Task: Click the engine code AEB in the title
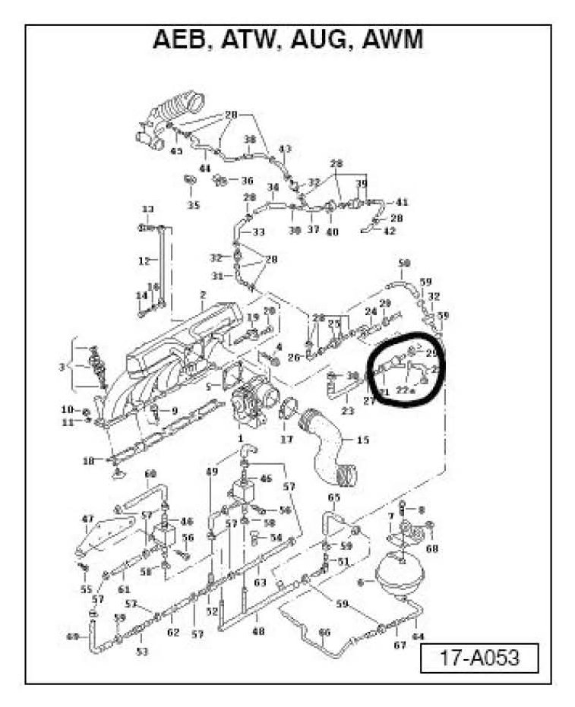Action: pyautogui.click(x=181, y=40)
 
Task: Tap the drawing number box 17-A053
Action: pyautogui.click(x=479, y=657)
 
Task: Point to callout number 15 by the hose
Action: pyautogui.click(x=362, y=440)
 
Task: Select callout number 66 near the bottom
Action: pyautogui.click(x=325, y=632)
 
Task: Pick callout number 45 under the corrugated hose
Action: pyautogui.click(x=176, y=151)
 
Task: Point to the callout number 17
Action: pyautogui.click(x=286, y=438)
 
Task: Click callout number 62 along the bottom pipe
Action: pyautogui.click(x=173, y=632)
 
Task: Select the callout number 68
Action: pyautogui.click(x=432, y=548)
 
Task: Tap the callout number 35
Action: pyautogui.click(x=193, y=205)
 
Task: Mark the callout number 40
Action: pyautogui.click(x=332, y=232)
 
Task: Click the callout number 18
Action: pyautogui.click(x=88, y=460)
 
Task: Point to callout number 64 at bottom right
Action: pyautogui.click(x=418, y=636)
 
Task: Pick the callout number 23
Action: pyautogui.click(x=348, y=411)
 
